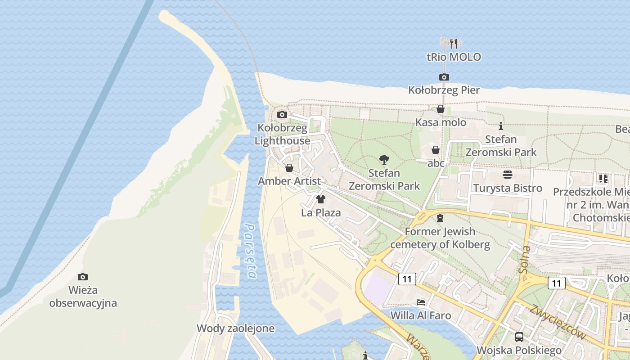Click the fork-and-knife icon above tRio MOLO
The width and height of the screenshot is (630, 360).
click(x=454, y=44)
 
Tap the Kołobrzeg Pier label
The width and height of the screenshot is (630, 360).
click(x=444, y=90)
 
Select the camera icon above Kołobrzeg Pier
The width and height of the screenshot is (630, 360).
click(x=444, y=77)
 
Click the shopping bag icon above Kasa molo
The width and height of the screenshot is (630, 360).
click(x=441, y=109)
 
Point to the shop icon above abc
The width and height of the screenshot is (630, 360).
click(x=436, y=150)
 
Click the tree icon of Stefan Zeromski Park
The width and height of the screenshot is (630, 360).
click(x=384, y=159)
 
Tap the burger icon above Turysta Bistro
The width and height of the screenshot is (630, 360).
click(x=508, y=175)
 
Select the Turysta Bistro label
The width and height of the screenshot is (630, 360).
click(x=508, y=188)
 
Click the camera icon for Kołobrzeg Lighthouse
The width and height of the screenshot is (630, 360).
click(x=282, y=114)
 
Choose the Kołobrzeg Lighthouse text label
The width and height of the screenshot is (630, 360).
click(x=282, y=135)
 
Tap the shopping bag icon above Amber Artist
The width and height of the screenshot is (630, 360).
click(x=289, y=168)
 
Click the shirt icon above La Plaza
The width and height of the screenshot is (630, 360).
click(x=321, y=199)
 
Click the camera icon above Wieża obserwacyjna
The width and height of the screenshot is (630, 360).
click(x=83, y=277)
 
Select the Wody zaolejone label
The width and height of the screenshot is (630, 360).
click(x=235, y=328)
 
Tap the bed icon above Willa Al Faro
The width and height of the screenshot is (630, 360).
click(x=421, y=302)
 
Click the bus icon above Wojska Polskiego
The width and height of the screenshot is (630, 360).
click(x=519, y=337)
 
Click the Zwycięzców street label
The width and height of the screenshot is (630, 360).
click(x=558, y=322)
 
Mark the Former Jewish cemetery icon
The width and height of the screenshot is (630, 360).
click(x=440, y=218)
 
